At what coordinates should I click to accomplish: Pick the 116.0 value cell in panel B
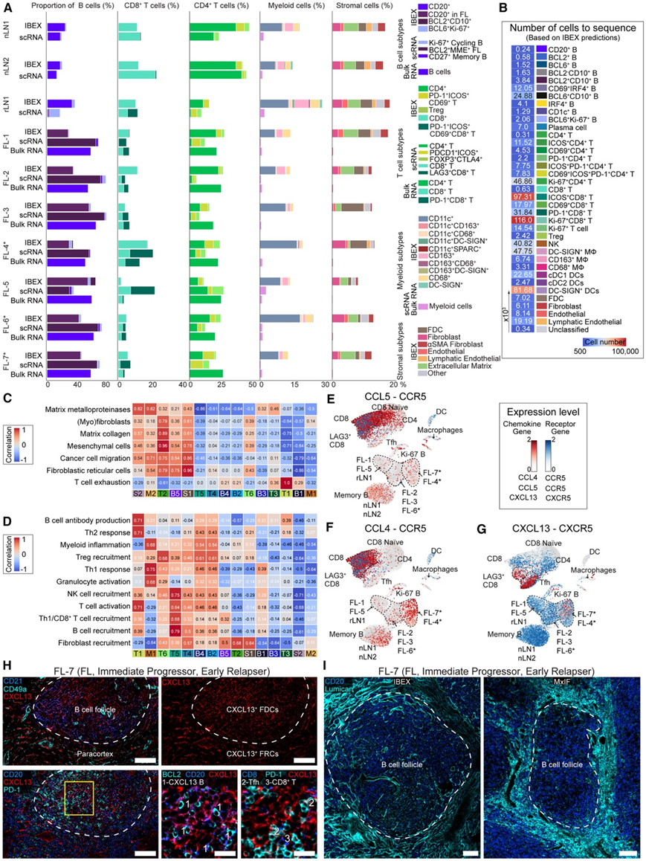[x=522, y=221]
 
